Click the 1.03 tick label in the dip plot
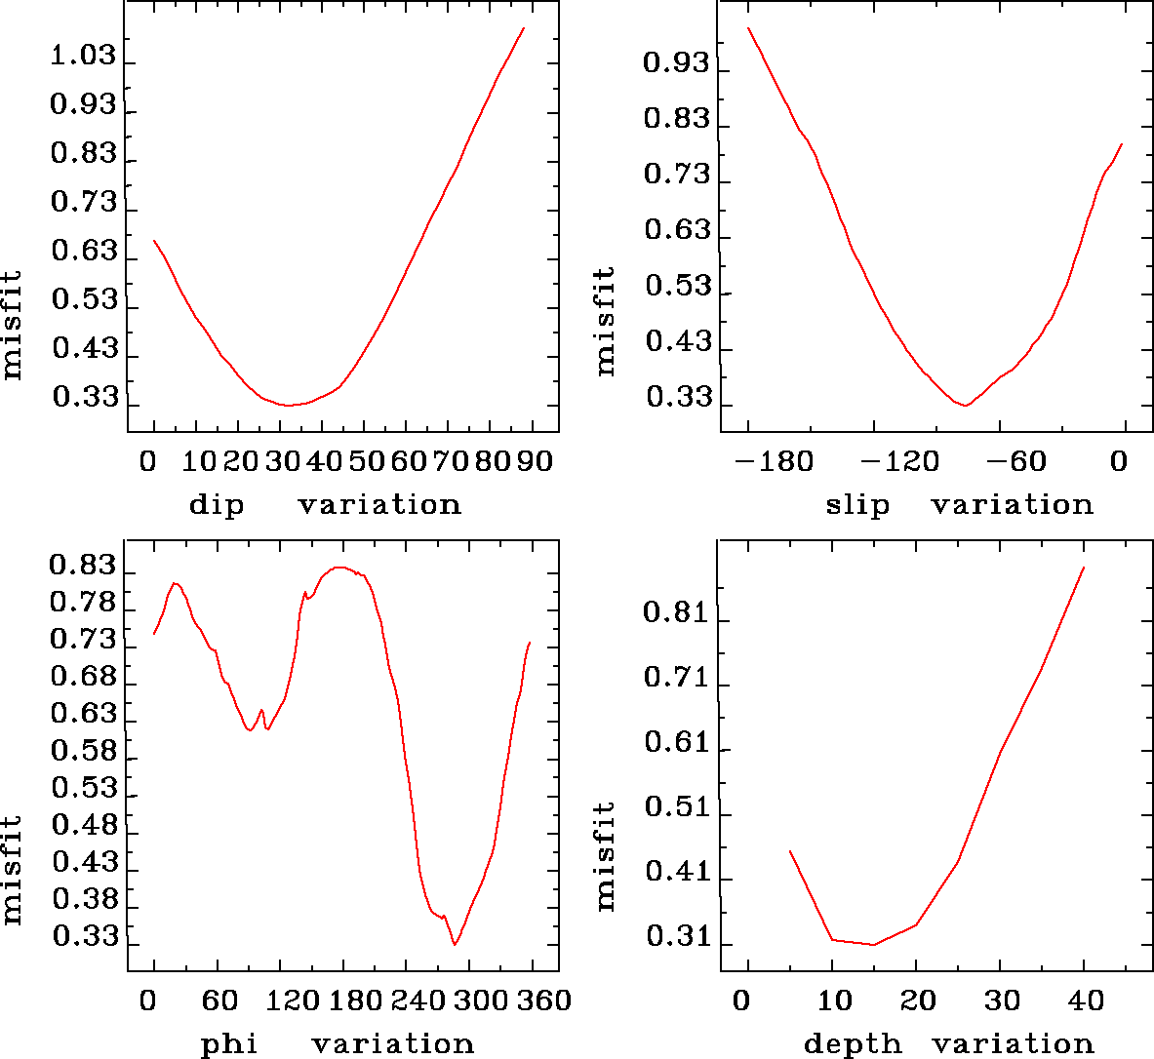click(83, 57)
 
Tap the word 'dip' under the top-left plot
click(216, 505)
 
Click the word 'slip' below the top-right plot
click(857, 505)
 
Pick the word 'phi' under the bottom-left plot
click(229, 1044)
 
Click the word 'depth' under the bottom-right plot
click(853, 1044)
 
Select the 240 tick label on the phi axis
click(409, 1000)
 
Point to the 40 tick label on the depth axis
click(1084, 1000)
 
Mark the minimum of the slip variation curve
click(965, 405)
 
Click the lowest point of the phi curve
click(455, 944)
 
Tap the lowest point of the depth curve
click(874, 944)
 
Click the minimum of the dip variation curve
click(289, 405)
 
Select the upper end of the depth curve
click(1084, 567)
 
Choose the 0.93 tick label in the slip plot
click(675, 64)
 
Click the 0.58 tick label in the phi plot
click(83, 752)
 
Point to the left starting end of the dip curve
click(154, 240)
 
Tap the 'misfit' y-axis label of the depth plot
click(606, 856)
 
